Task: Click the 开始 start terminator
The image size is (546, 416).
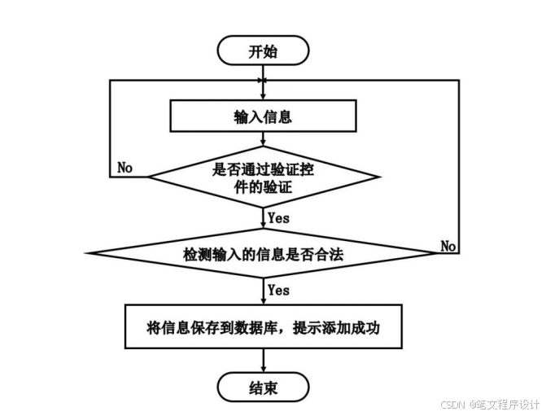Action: coord(262,51)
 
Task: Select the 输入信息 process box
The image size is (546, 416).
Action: coord(262,116)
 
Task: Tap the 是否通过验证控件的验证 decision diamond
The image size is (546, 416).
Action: coord(262,177)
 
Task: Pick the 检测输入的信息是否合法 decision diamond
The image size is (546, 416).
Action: coord(262,254)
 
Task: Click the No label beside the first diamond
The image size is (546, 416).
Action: coord(124,167)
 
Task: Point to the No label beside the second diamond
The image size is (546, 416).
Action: coord(448,245)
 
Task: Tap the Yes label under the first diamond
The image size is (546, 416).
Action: coord(278,217)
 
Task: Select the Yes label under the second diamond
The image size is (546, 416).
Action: coord(278,290)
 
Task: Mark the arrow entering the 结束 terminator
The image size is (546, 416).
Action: coord(262,363)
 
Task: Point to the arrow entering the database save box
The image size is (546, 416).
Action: coord(262,296)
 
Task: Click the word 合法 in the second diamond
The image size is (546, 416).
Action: coord(330,254)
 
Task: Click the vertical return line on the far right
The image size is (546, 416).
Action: coord(460,163)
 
